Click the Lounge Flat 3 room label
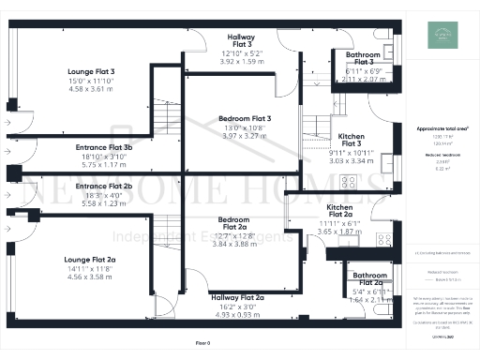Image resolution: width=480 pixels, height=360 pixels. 92,72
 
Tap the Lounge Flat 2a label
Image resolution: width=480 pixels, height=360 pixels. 90,259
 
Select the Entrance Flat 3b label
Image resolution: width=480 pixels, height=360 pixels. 104,147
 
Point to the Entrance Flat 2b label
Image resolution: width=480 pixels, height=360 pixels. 104,187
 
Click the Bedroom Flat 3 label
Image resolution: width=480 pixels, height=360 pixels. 245,119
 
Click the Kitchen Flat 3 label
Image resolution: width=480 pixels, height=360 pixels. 352,140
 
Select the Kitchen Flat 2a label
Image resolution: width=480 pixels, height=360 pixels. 338,209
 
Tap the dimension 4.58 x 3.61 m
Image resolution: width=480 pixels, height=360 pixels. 92,89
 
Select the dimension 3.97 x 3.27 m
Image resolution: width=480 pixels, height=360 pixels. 245,137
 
